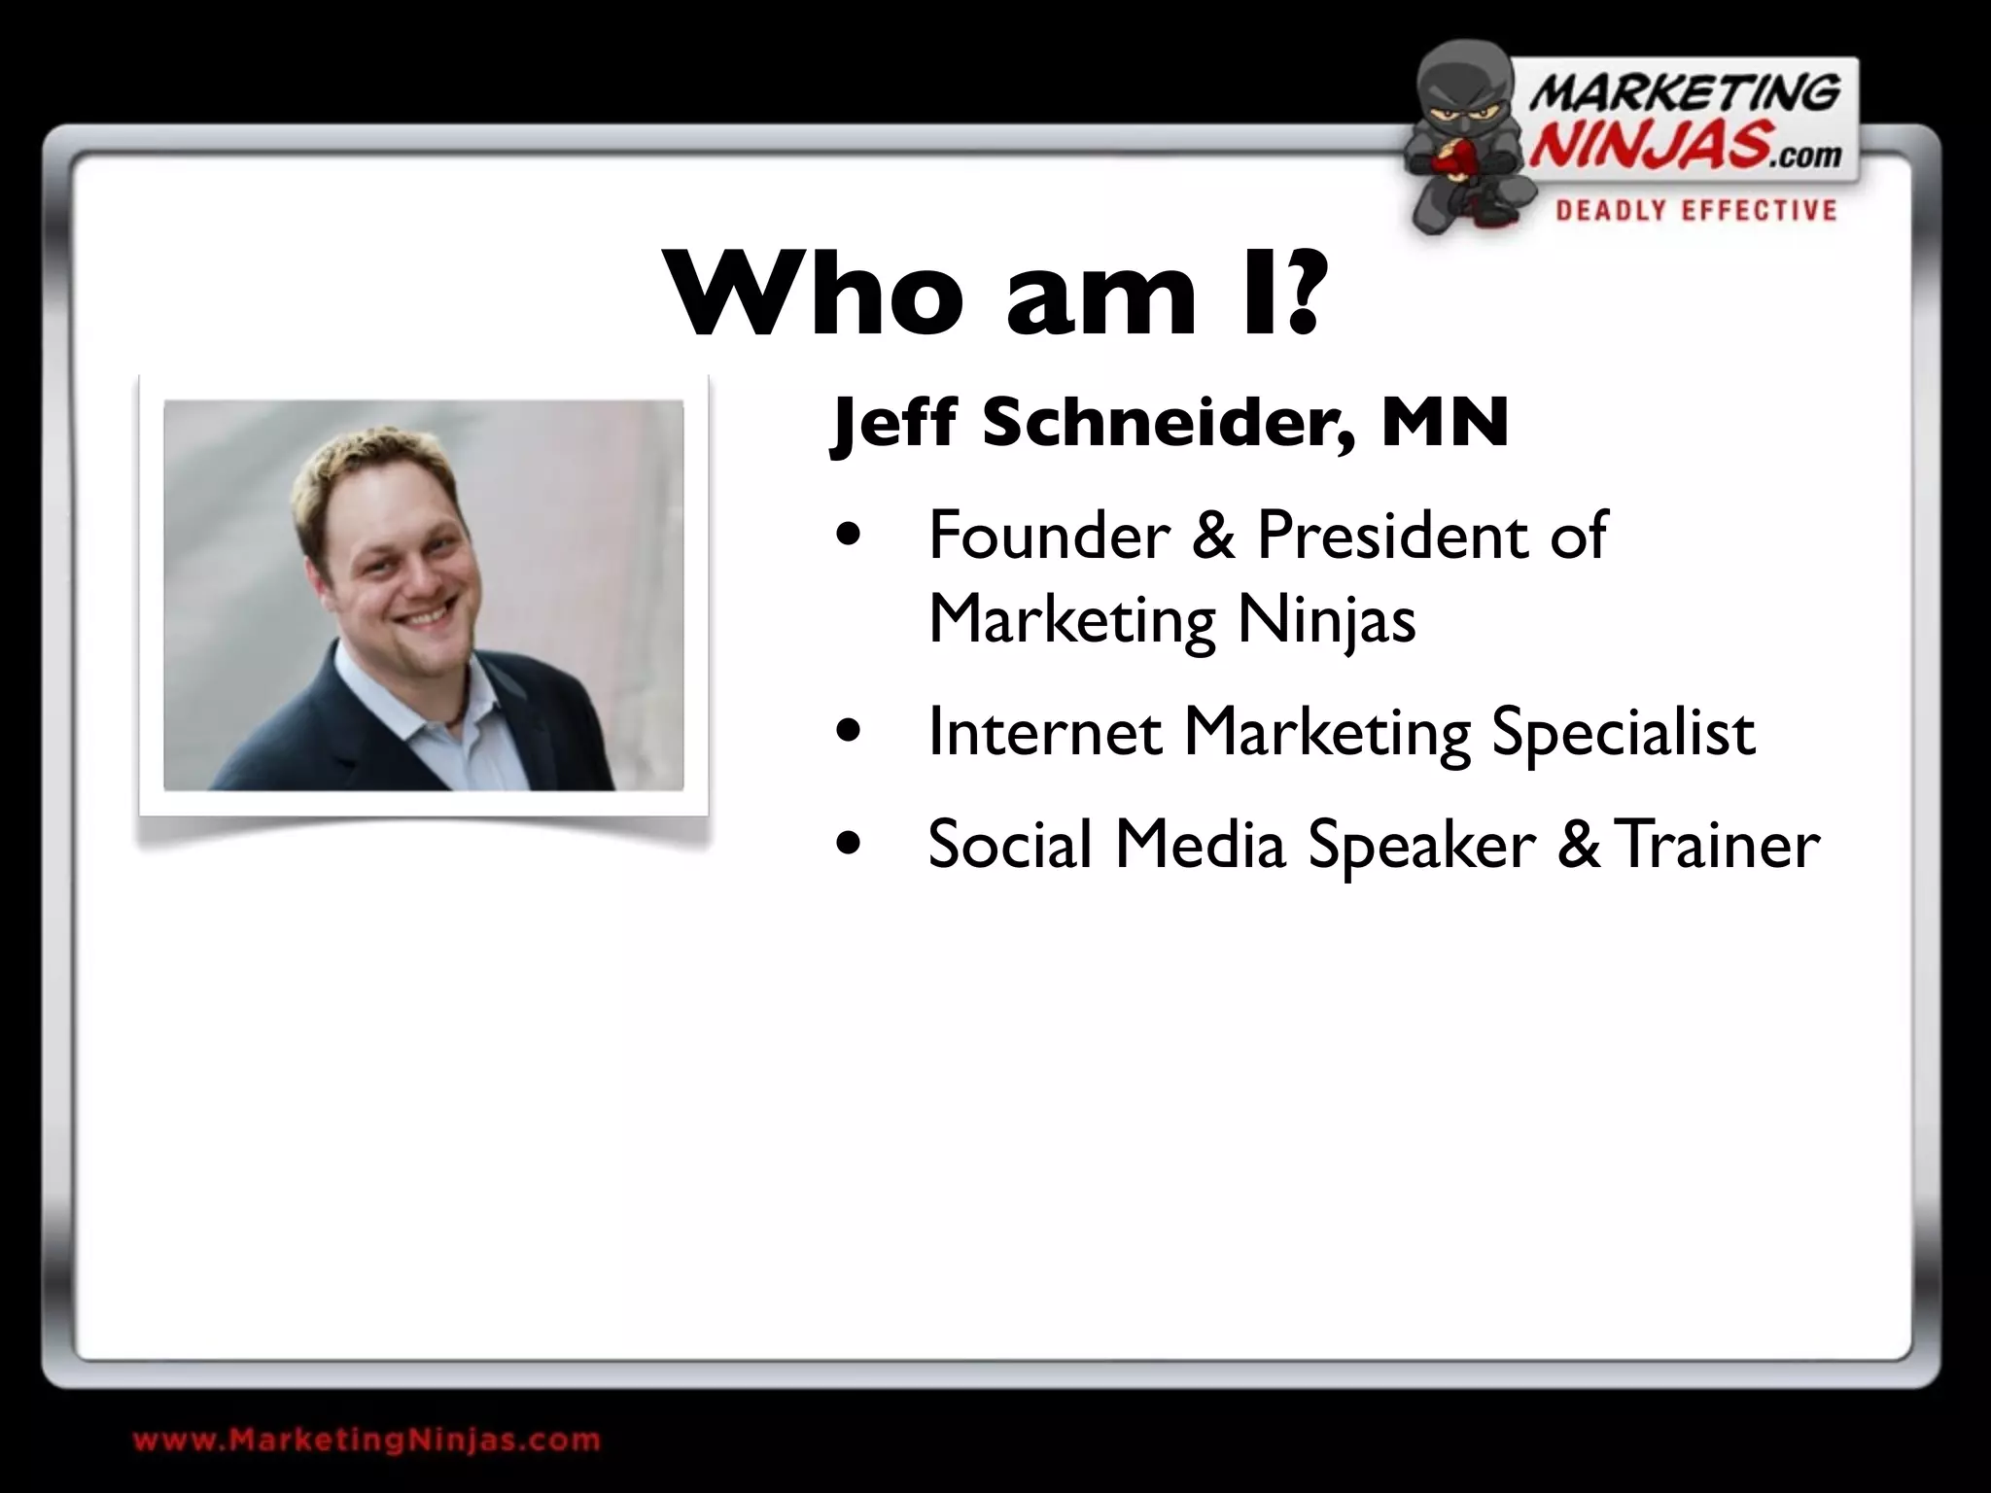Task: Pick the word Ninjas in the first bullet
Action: pos(1326,620)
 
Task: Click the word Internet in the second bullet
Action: pos(1044,732)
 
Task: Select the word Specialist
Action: pos(1623,734)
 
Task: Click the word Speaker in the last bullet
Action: pos(1421,846)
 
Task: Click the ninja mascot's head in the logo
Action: pos(1460,92)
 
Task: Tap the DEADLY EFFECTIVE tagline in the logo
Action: pos(1695,210)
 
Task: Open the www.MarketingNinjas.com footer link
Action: pos(367,1440)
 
